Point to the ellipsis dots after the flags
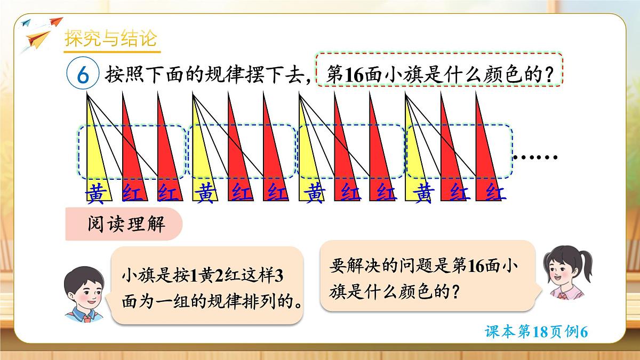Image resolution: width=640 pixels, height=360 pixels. tap(535, 157)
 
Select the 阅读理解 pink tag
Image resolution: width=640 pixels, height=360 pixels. tap(126, 224)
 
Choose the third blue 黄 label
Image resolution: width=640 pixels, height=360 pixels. tap(313, 194)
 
